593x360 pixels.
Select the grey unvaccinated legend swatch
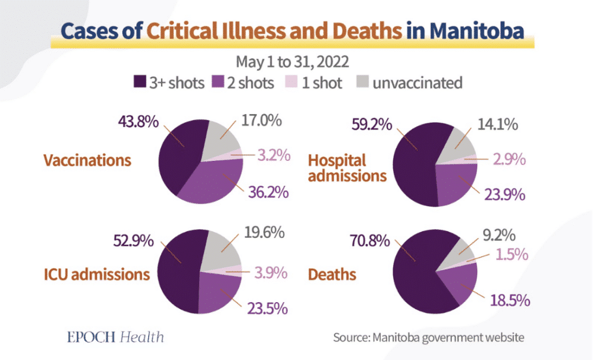(362, 82)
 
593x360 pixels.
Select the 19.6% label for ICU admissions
(264, 233)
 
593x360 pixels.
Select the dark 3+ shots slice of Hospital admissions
(417, 168)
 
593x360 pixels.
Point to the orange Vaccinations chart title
(87, 160)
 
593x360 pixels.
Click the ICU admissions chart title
(97, 273)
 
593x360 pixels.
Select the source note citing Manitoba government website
(428, 336)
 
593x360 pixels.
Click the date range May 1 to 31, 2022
(296, 61)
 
